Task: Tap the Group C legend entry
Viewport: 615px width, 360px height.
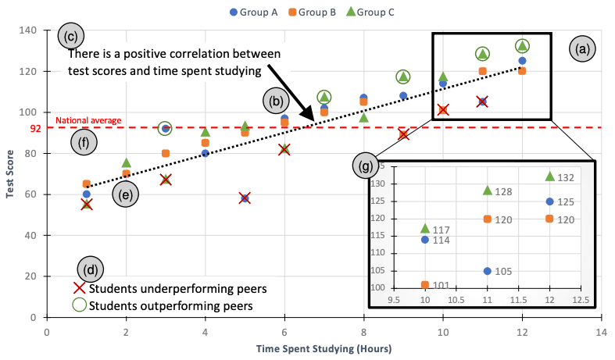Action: click(385, 12)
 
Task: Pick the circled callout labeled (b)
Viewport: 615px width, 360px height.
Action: click(275, 101)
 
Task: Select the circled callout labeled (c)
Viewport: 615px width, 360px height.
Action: click(71, 36)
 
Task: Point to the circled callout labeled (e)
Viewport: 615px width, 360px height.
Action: click(124, 194)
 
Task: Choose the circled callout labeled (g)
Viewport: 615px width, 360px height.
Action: click(364, 166)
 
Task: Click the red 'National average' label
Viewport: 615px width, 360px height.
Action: click(88, 120)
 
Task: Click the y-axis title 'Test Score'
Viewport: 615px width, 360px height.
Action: click(10, 173)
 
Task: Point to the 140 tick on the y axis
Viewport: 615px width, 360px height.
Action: click(29, 30)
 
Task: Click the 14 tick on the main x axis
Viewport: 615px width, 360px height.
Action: click(601, 330)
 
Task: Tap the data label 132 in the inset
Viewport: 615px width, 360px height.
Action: click(567, 178)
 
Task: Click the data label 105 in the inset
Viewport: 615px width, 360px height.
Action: click(505, 272)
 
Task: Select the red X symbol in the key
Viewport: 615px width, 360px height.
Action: click(79, 288)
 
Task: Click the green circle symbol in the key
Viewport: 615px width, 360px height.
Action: click(79, 305)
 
